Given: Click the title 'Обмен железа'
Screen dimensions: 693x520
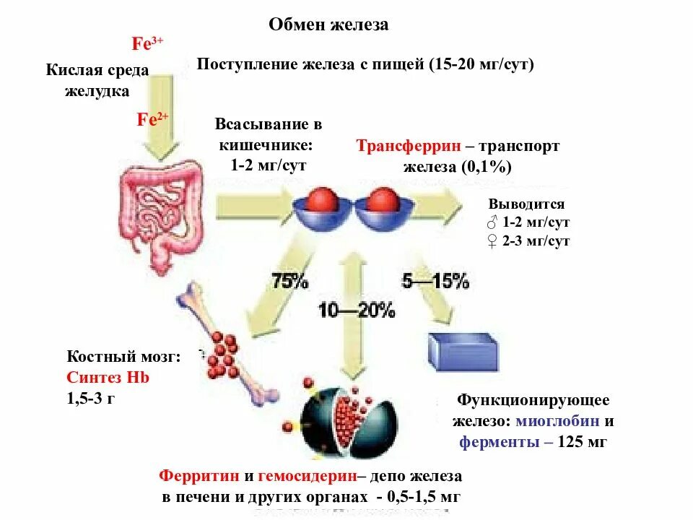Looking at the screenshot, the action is [328, 25].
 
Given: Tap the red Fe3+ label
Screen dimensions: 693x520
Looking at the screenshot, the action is [147, 43].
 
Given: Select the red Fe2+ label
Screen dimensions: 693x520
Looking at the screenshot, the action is [152, 120].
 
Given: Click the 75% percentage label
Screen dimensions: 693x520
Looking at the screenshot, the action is [289, 280].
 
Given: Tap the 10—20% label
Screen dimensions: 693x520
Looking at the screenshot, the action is [357, 311].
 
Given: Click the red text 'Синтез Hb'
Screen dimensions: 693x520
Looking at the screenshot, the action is [108, 377].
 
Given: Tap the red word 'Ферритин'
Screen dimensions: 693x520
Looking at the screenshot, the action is [199, 477].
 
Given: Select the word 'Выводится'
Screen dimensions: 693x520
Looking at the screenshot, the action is [526, 204].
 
